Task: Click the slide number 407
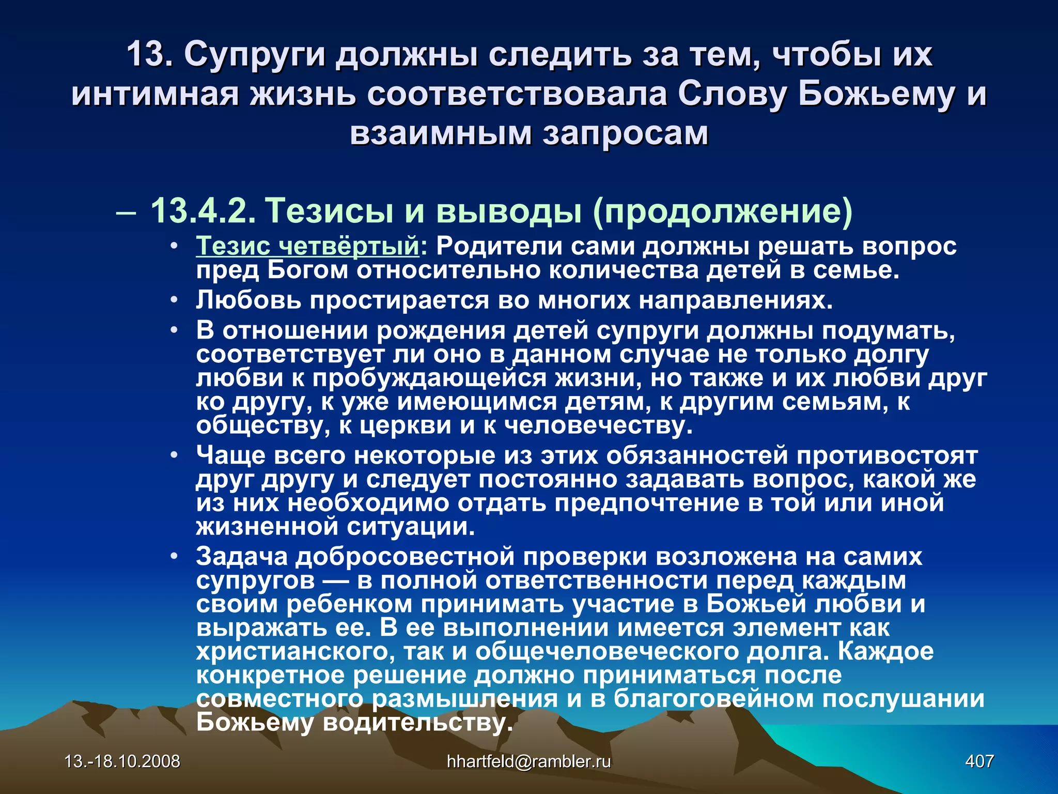tap(979, 761)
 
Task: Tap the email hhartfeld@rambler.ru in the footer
tap(528, 761)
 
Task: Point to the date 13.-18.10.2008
tap(122, 761)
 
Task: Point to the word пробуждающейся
tap(429, 378)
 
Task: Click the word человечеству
tap(598, 425)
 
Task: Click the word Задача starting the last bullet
tap(242, 557)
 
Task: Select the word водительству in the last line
tap(417, 722)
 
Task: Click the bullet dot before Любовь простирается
tap(175, 300)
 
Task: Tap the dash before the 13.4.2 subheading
tap(127, 212)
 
